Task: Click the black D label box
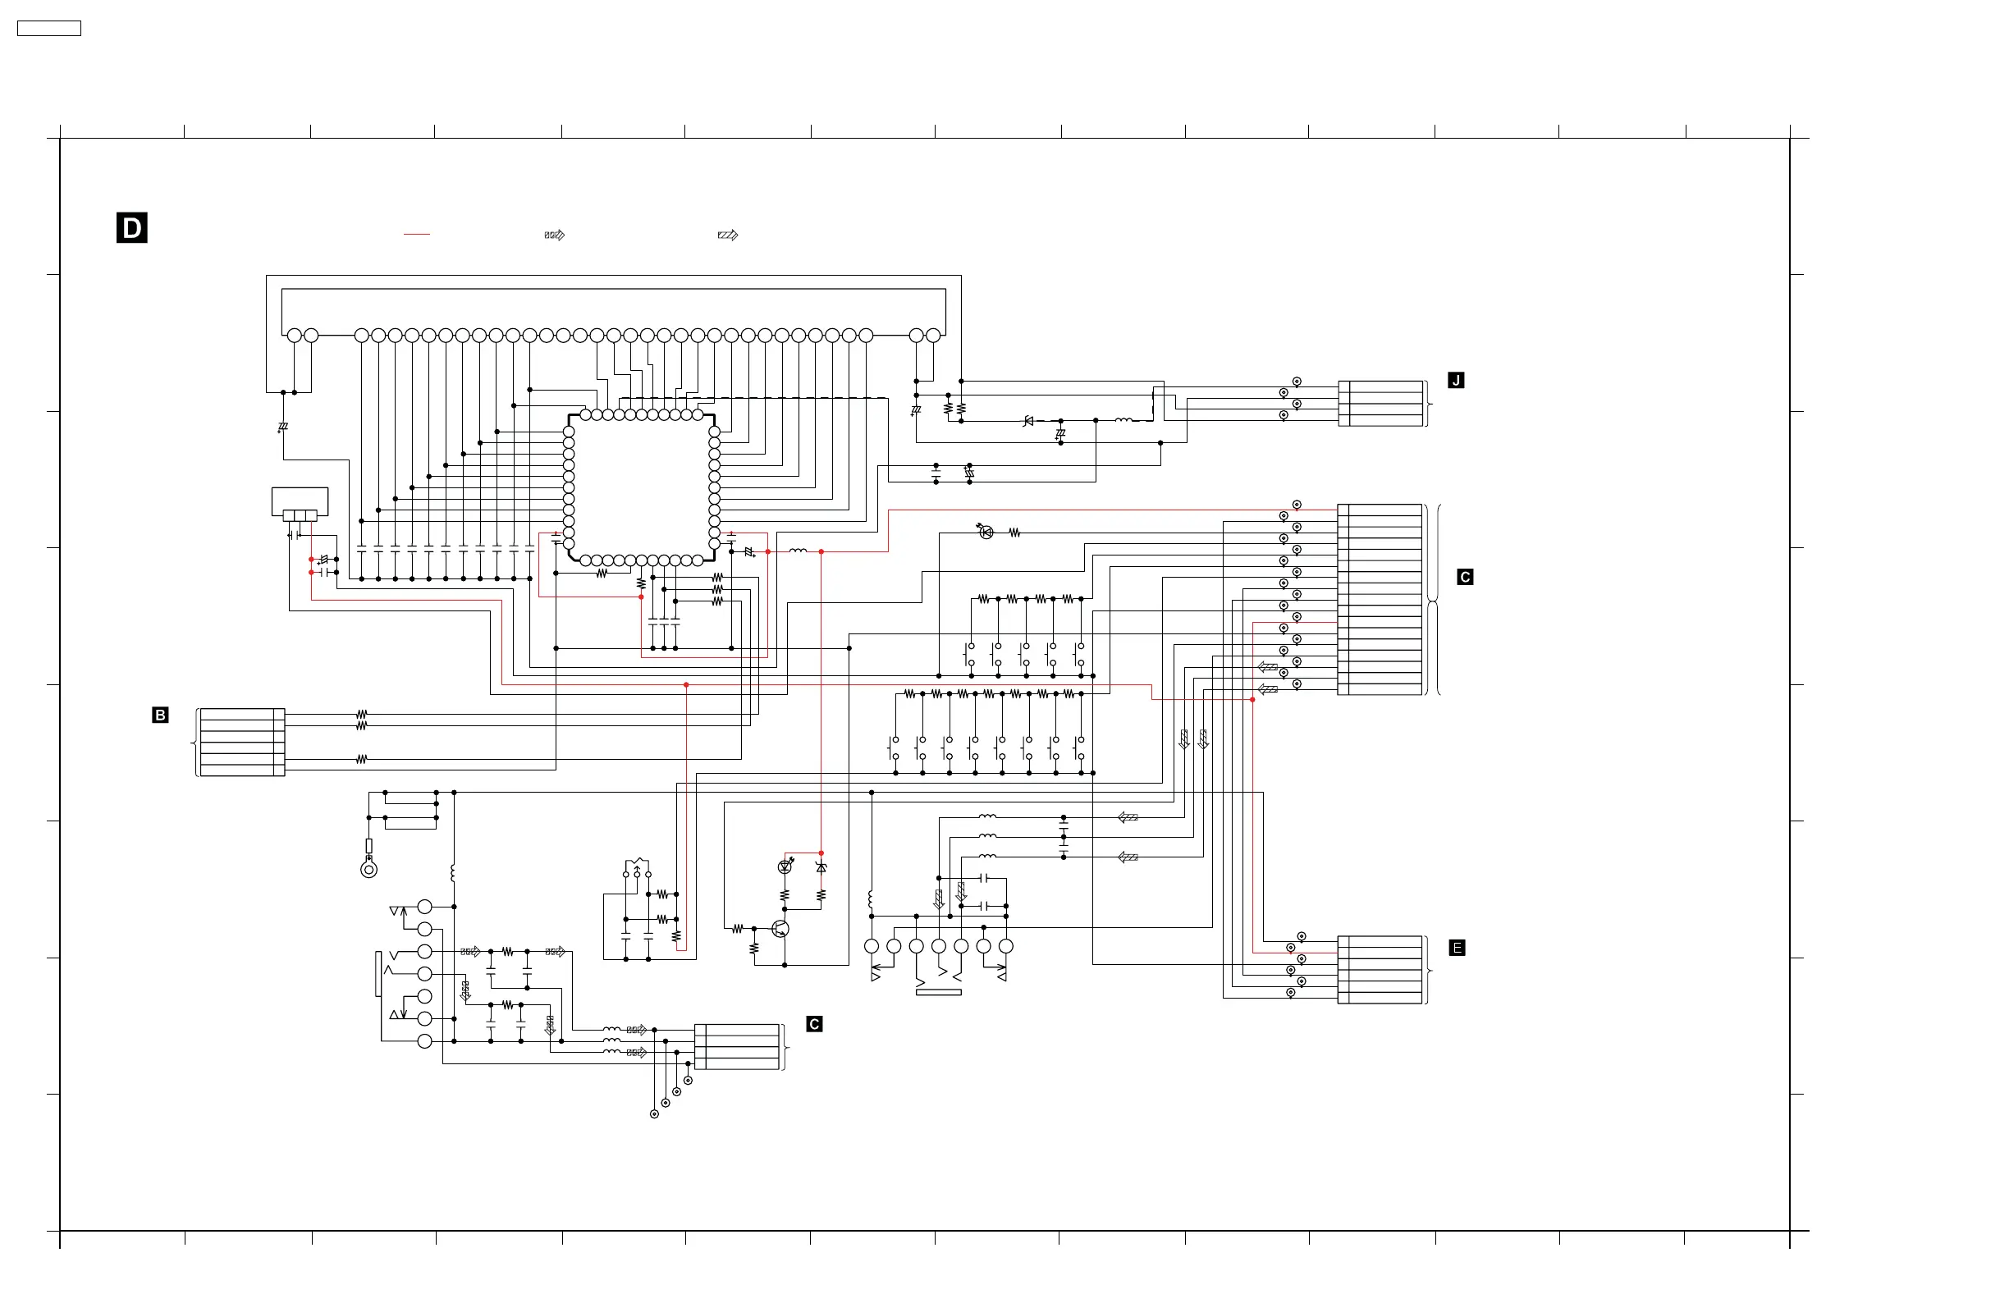point(131,228)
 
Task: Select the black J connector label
point(1456,381)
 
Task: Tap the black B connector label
point(160,715)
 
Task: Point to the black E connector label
point(1457,948)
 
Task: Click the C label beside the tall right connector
point(1466,577)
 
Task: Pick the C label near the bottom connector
point(814,1024)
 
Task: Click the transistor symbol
point(780,929)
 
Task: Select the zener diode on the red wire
point(821,867)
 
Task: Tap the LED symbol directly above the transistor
point(785,866)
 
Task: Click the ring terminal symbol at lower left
point(368,869)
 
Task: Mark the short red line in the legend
point(417,234)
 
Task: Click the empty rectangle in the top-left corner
point(49,29)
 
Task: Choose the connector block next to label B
point(242,742)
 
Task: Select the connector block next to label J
point(1381,404)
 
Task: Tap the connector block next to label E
point(1381,970)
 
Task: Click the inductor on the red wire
point(798,551)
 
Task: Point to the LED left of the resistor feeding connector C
point(986,533)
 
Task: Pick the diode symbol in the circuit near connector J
point(1028,420)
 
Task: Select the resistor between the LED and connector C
point(1014,533)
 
